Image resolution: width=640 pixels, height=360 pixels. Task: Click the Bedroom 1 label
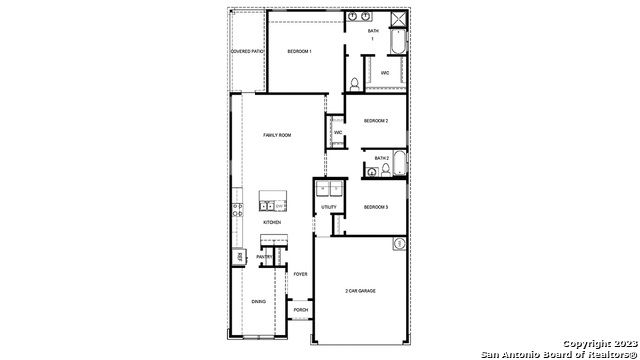point(300,50)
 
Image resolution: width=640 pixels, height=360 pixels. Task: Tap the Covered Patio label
point(246,50)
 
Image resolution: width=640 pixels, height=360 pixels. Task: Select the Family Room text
point(277,134)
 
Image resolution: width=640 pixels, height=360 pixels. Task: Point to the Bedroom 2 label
point(375,120)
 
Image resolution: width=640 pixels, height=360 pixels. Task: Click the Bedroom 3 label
point(375,207)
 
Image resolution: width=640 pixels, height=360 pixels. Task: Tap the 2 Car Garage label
point(360,290)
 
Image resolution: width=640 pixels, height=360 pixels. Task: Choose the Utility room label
point(329,207)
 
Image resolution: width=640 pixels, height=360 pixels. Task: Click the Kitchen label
point(272,222)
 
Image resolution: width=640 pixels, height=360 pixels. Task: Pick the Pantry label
point(264,257)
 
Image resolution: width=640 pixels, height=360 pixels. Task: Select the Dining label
point(258,301)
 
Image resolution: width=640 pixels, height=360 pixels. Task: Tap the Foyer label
point(300,273)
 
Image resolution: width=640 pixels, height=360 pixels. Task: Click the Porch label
point(300,310)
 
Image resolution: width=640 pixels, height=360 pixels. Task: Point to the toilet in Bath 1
point(355,82)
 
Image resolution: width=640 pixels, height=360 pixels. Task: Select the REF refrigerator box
point(240,257)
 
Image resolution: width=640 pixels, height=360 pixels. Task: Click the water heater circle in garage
point(398,243)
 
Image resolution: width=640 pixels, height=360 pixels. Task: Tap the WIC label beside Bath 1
point(385,73)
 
